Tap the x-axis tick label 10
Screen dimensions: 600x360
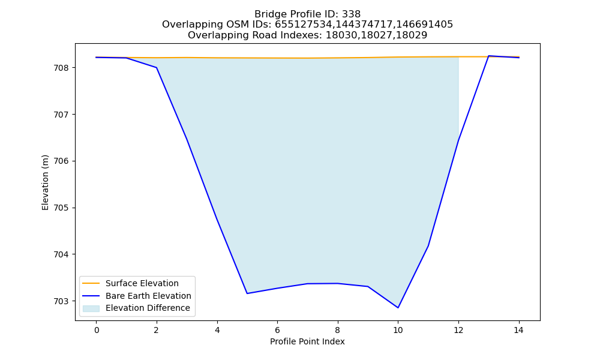(398, 330)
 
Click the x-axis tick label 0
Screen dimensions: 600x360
(97, 330)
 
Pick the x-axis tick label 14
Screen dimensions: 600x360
(518, 330)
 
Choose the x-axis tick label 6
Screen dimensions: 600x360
(277, 330)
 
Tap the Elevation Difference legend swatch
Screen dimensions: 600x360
(91, 308)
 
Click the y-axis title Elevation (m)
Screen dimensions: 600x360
(45, 182)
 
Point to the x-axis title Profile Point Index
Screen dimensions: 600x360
(307, 341)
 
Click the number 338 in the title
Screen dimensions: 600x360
(352, 14)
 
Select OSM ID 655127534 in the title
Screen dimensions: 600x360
(304, 25)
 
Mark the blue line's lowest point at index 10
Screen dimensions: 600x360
(398, 308)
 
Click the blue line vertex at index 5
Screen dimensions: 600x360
(247, 293)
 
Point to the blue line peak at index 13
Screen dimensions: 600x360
(488, 56)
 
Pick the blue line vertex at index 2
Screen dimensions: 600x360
(157, 68)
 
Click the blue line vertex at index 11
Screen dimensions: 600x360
(428, 246)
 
